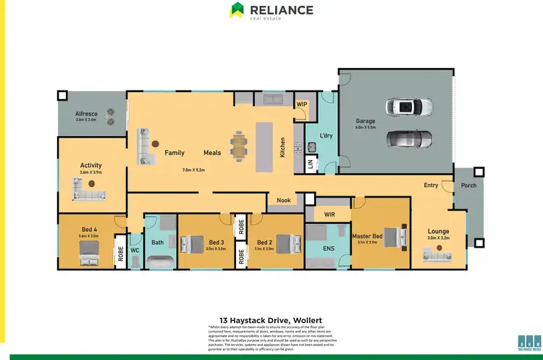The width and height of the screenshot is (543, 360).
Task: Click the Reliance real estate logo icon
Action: (x=237, y=10)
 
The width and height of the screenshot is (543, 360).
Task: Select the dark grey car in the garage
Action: (x=410, y=138)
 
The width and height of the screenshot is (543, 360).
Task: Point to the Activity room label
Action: (x=90, y=165)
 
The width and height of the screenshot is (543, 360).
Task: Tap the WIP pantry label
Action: (x=301, y=104)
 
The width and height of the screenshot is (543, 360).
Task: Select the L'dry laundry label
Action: (x=326, y=135)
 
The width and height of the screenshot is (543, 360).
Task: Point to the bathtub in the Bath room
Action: (x=159, y=261)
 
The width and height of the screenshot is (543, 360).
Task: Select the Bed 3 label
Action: (x=216, y=242)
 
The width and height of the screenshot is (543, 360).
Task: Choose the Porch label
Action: (x=468, y=185)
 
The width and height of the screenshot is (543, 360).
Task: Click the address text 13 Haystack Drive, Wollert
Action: (x=271, y=319)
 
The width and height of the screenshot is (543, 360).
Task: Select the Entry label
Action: (x=431, y=185)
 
